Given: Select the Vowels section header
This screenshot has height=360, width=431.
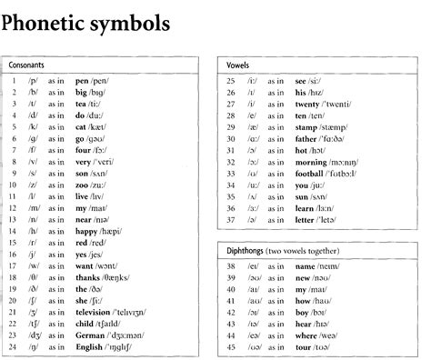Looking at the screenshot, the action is pos(239,66).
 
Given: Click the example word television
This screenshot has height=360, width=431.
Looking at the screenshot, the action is pos(97,311).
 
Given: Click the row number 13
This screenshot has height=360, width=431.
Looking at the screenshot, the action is pos(15,221).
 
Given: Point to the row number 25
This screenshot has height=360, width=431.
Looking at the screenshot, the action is pos(231,80).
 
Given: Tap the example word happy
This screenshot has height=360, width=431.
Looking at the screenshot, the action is pos(89,234).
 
